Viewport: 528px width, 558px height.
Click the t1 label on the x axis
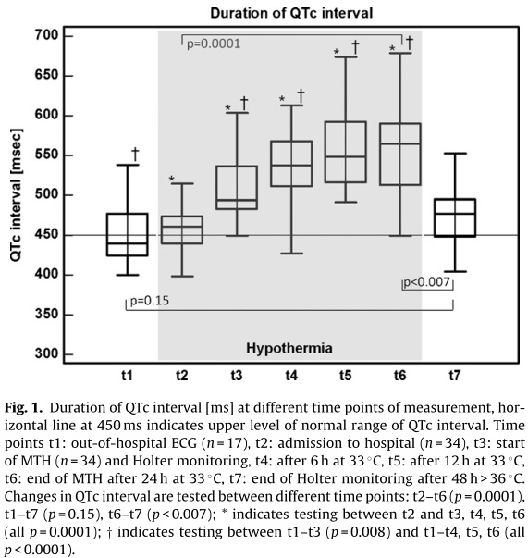tap(127, 375)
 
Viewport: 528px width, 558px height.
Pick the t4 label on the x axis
tap(291, 375)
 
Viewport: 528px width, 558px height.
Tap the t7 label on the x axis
tap(455, 375)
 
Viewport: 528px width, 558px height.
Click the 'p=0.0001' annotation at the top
tap(212, 42)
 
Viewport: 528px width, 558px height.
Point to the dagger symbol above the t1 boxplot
tap(135, 154)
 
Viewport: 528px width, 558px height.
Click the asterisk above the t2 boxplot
tap(172, 179)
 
